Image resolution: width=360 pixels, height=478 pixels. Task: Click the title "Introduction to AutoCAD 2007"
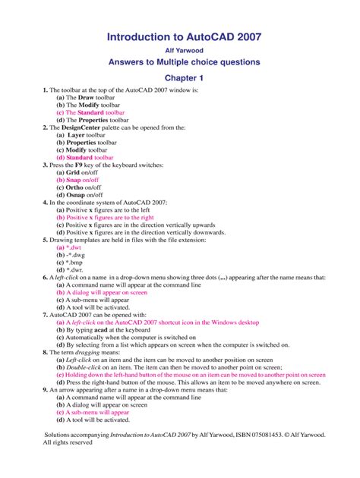[x=179, y=36]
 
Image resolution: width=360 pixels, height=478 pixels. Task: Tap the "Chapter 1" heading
[x=179, y=78]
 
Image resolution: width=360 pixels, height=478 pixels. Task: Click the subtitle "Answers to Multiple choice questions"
[x=179, y=62]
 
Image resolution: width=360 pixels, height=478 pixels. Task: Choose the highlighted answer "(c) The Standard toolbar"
[x=96, y=112]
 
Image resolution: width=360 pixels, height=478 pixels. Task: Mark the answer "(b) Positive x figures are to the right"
[x=115, y=216]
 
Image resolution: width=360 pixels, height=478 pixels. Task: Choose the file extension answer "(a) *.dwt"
[x=71, y=247]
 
